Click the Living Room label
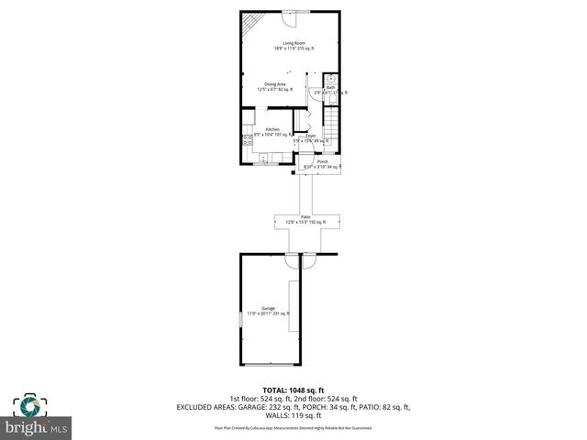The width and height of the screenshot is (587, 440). click(293, 43)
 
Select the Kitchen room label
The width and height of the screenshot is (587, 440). click(272, 130)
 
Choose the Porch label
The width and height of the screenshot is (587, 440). click(323, 161)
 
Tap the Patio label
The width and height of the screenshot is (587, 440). click(305, 217)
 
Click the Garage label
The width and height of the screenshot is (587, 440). click(268, 309)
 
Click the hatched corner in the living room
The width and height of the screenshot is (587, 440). click(250, 23)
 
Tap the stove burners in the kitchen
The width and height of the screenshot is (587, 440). click(247, 140)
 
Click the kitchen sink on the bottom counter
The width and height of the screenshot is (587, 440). click(263, 159)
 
